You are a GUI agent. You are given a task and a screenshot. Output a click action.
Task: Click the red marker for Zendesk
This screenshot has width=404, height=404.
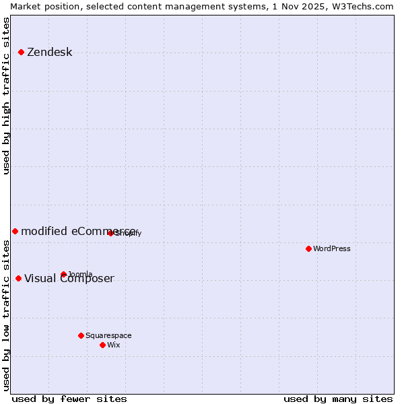click(x=21, y=52)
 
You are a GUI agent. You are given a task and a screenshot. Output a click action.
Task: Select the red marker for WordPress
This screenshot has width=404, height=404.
click(x=308, y=248)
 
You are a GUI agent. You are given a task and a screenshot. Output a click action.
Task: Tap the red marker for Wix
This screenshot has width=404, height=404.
click(x=102, y=345)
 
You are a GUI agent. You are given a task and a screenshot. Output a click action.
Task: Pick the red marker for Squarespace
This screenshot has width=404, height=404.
click(x=81, y=335)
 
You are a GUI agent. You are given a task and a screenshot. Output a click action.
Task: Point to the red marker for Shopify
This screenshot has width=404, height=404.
click(x=110, y=233)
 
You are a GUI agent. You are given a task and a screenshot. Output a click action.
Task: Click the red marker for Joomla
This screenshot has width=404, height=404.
click(x=63, y=274)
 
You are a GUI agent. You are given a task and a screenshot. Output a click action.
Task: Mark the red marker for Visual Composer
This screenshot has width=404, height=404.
click(x=18, y=278)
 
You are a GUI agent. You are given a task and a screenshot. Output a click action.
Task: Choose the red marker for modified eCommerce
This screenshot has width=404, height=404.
click(x=15, y=231)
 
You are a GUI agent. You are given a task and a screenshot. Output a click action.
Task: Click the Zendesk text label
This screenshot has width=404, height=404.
click(x=49, y=53)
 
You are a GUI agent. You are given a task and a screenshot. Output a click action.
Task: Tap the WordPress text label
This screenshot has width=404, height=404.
click(x=332, y=249)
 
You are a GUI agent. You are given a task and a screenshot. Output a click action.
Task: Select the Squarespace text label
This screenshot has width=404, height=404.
click(x=108, y=336)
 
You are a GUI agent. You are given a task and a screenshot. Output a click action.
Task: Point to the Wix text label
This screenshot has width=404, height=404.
click(x=114, y=345)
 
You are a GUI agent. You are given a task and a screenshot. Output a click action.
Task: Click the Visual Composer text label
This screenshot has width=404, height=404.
click(x=69, y=279)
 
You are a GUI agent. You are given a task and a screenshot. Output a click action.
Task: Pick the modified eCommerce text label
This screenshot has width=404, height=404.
click(x=79, y=232)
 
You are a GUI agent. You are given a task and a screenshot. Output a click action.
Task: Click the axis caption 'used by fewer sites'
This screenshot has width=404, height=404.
click(x=69, y=399)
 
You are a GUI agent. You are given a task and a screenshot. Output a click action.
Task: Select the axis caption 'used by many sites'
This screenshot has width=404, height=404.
click(x=338, y=399)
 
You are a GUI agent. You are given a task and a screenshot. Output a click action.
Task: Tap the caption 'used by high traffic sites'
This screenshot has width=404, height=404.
click(x=7, y=96)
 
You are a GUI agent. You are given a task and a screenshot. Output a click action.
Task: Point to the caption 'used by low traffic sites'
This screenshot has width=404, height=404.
click(x=7, y=315)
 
